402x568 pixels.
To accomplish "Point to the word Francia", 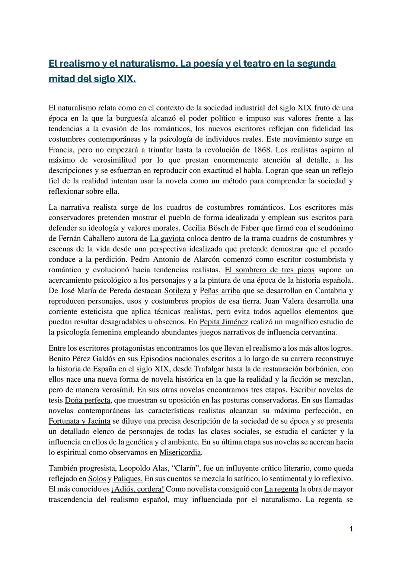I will click(61, 150).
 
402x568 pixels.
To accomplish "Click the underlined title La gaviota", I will click(167, 239).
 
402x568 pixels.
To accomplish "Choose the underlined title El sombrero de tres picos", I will click(269, 270).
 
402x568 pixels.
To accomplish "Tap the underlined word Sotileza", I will click(177, 291).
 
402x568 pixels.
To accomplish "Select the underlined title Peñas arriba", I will click(220, 291).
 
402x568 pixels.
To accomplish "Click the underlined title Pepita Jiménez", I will click(224, 322).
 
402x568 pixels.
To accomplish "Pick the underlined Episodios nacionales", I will click(174, 359).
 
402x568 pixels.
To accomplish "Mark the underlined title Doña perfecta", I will click(87, 401).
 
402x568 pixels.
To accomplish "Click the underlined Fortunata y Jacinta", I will click(79, 421).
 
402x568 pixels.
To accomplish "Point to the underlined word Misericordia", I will click(180, 453).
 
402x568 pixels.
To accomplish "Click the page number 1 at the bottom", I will click(351, 529).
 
